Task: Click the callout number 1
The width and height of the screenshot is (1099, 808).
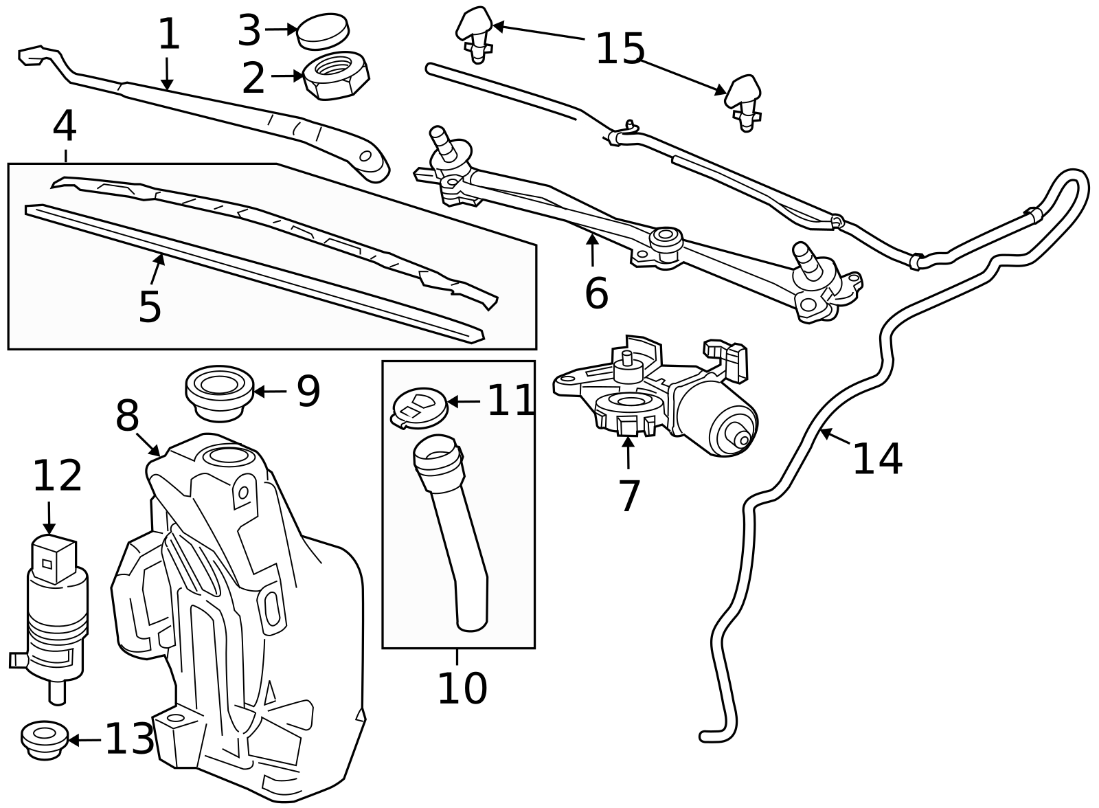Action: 168,34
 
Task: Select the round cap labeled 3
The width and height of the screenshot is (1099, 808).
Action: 322,32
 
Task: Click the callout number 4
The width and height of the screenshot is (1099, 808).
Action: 64,126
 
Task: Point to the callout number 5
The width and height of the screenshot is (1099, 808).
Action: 150,306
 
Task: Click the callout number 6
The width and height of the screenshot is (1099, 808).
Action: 596,293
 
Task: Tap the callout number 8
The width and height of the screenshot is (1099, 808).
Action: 127,416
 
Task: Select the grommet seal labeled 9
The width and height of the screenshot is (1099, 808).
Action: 219,392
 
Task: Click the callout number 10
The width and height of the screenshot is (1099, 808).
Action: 462,688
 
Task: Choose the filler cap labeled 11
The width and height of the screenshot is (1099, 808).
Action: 418,408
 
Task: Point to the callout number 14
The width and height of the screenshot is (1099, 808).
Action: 877,458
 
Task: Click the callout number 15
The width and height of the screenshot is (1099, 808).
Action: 620,49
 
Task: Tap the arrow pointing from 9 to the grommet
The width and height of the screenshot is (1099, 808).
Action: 269,392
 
